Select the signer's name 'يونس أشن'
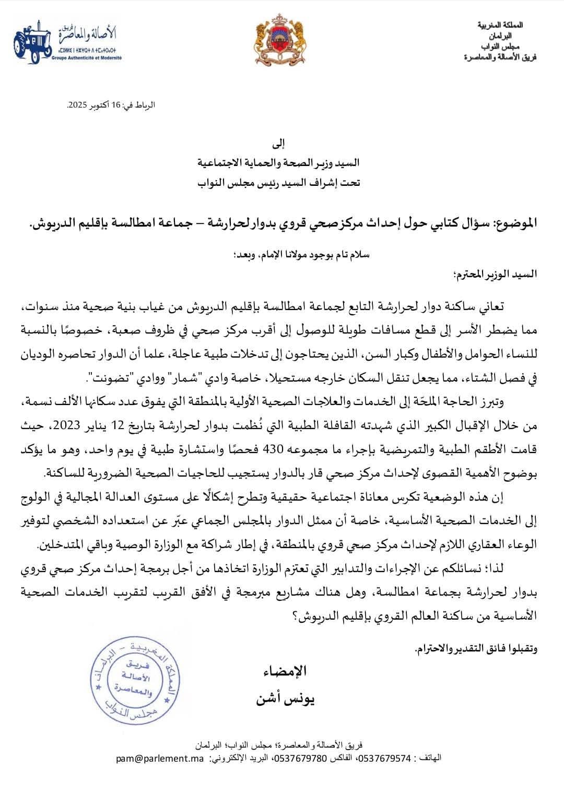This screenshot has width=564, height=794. click(285, 698)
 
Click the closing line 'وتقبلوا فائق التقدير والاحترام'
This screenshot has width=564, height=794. click(476, 649)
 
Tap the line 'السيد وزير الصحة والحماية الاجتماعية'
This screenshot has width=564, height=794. click(279, 163)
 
